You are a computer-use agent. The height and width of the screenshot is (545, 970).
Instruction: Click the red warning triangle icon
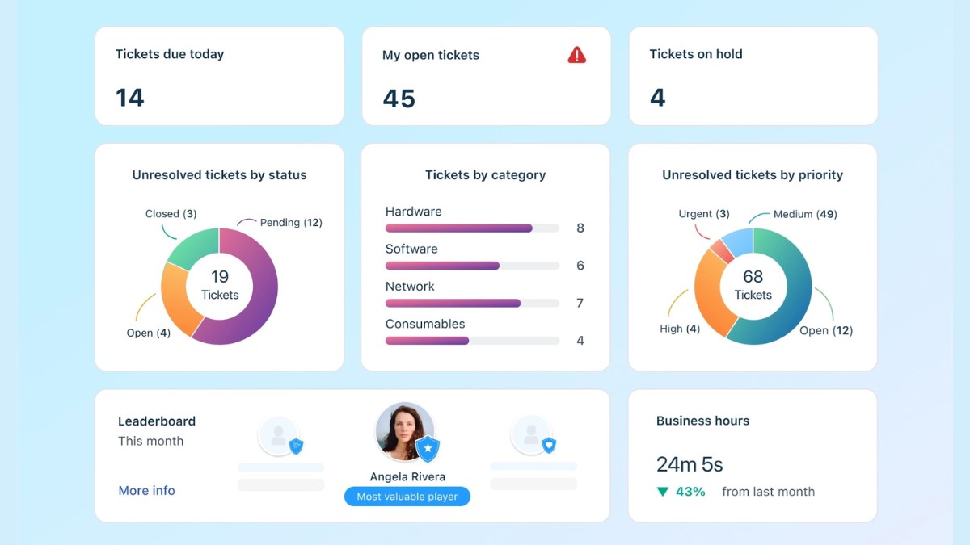coord(576,55)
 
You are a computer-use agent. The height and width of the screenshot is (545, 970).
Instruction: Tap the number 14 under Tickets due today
coord(129,98)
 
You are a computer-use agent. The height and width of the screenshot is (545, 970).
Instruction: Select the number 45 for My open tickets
coord(399,99)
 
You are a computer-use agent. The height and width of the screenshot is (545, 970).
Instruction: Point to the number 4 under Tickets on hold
coord(657,98)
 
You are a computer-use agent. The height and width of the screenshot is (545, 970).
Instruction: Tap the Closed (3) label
coord(171,214)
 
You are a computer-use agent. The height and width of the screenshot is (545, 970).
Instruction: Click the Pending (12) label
coord(291,223)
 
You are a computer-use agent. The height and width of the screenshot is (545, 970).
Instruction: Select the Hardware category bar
coord(458,228)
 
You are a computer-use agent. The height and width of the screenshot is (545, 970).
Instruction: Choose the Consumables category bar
coord(427,341)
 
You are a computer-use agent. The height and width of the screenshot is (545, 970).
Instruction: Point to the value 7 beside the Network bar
coord(580,304)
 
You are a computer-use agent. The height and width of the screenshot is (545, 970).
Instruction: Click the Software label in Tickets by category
coord(411,249)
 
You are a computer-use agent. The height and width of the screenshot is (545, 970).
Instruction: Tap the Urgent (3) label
coord(704,214)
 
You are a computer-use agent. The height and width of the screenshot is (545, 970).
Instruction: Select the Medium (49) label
coord(805,214)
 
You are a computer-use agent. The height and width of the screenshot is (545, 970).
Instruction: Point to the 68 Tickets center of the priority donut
coord(753,285)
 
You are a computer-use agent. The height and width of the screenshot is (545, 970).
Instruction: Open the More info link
coord(146,490)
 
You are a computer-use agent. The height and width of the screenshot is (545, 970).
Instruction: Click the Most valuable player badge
coord(407,497)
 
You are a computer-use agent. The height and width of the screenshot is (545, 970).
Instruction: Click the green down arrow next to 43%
coord(663,492)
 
